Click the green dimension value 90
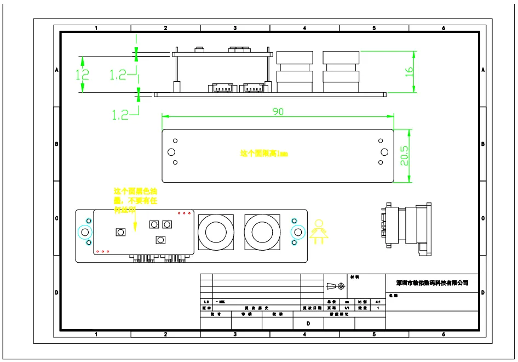(x=278, y=111)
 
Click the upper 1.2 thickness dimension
(x=118, y=75)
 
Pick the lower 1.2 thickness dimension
(x=120, y=115)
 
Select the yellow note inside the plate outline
(x=263, y=154)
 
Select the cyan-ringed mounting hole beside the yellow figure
(x=297, y=232)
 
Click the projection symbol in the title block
(x=335, y=286)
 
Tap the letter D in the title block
(x=308, y=324)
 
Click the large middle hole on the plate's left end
(x=171, y=151)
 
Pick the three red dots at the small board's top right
(x=185, y=213)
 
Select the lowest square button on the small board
(x=160, y=240)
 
